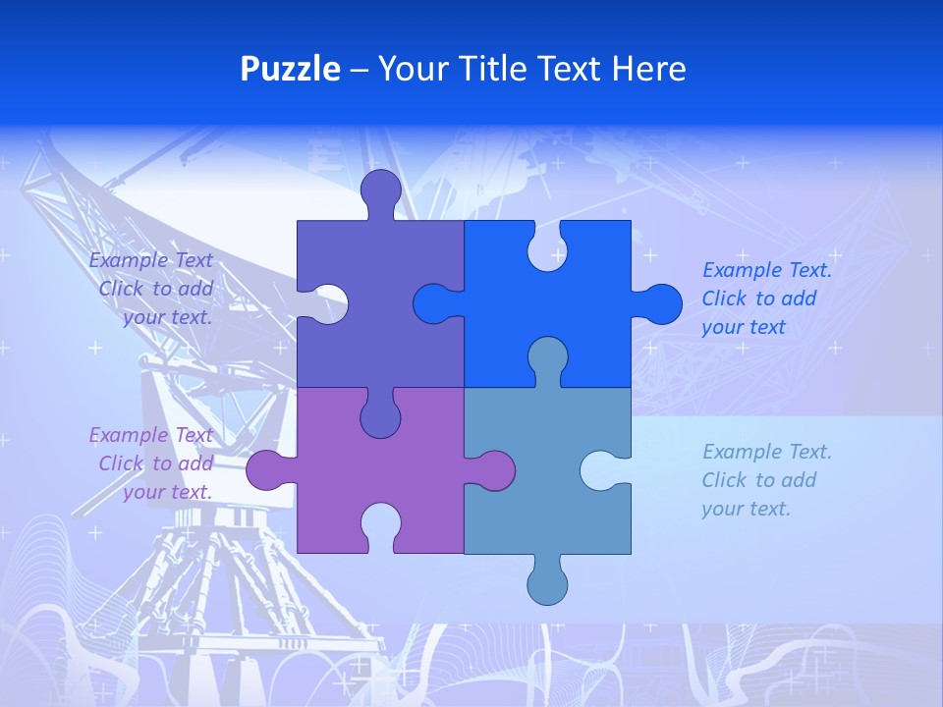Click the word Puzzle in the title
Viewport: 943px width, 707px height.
click(291, 69)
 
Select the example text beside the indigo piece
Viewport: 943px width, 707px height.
click(153, 289)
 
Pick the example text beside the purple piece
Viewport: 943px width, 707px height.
click(153, 463)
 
